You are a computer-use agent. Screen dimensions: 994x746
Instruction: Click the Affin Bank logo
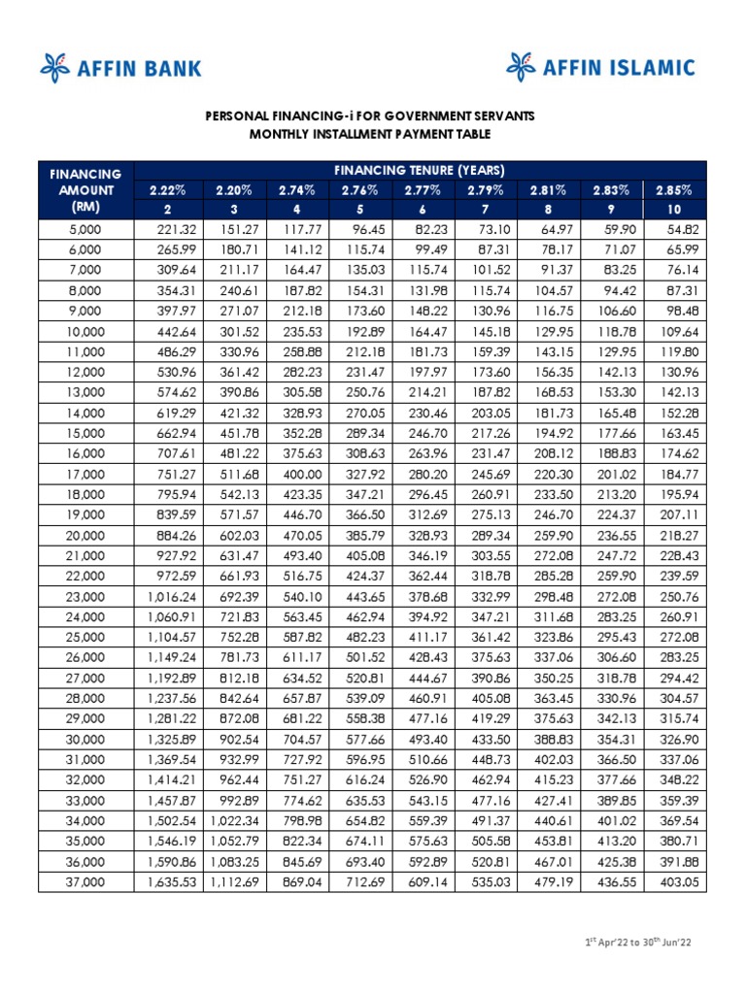pos(120,67)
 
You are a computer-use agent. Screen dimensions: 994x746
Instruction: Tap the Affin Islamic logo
pos(600,67)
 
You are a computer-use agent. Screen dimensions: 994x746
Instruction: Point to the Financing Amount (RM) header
pos(86,190)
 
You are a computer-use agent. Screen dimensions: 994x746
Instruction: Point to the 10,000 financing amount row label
pos(85,330)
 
